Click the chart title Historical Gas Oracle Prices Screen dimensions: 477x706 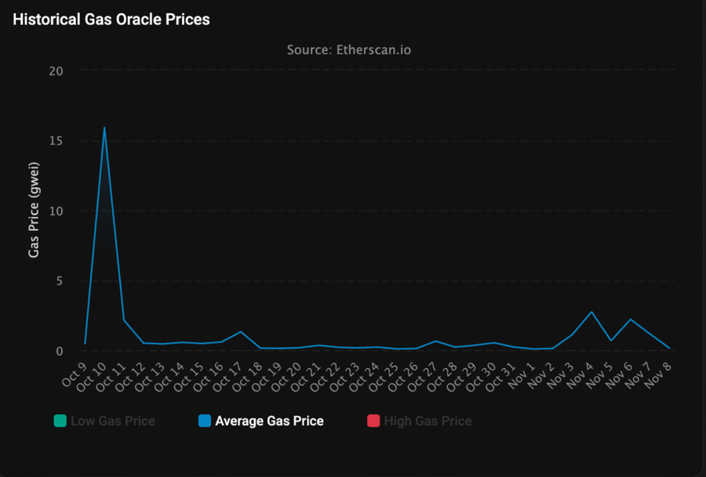click(x=111, y=20)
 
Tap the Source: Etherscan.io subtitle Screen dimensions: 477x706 click(x=349, y=50)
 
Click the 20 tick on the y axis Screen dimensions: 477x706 click(x=56, y=70)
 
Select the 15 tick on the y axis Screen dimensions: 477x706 click(x=56, y=141)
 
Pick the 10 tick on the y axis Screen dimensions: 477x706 click(x=56, y=211)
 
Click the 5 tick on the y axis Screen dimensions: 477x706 click(x=59, y=281)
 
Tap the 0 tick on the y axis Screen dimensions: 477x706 click(x=59, y=351)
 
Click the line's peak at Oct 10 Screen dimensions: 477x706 click(x=104, y=128)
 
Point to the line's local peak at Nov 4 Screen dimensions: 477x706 click(x=591, y=313)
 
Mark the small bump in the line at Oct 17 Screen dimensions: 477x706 click(x=241, y=332)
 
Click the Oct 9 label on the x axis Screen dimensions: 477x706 click(x=75, y=372)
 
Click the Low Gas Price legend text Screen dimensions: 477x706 click(x=113, y=421)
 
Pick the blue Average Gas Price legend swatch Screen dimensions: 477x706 click(x=204, y=421)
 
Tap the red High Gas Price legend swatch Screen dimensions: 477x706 click(x=373, y=421)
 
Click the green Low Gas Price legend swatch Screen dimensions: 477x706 click(x=60, y=421)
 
